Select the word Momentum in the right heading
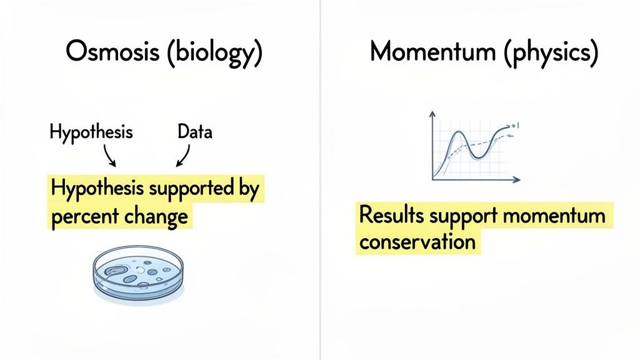[x=431, y=52]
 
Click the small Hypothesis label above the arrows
[x=91, y=132]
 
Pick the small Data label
[x=195, y=132]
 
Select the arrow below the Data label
[x=183, y=155]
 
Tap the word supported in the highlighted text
[x=186, y=188]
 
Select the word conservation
[x=417, y=241]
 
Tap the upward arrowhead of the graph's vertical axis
[x=432, y=115]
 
